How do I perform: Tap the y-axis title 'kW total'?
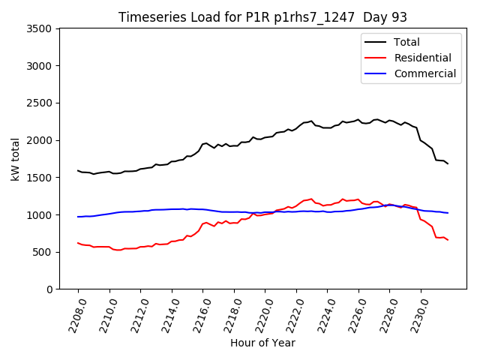click(x=15, y=159)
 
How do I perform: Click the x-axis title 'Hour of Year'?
click(x=262, y=343)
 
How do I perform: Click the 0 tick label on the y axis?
click(x=49, y=289)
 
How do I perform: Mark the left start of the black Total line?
click(x=78, y=170)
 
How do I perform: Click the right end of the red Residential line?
click(x=448, y=240)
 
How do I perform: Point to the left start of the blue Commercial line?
click(x=78, y=217)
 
